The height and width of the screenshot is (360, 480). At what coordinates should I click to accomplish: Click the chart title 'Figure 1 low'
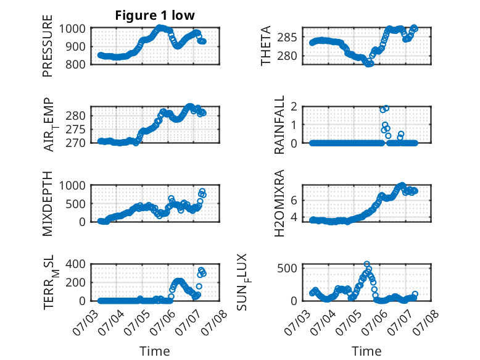click(x=155, y=15)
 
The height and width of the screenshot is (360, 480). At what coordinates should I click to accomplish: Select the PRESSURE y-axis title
click(x=48, y=46)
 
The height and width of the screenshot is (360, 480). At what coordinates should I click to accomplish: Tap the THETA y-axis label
click(x=266, y=46)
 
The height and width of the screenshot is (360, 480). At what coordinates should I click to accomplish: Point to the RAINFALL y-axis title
click(x=279, y=125)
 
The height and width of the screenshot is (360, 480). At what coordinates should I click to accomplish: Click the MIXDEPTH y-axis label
click(x=48, y=203)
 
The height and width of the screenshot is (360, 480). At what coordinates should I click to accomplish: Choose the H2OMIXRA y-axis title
click(x=279, y=203)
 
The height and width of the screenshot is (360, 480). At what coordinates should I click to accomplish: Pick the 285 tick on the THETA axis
click(x=287, y=38)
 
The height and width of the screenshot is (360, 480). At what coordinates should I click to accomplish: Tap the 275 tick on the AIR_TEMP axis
click(x=75, y=130)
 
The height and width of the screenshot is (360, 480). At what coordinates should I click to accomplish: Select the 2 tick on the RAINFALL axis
click(x=294, y=107)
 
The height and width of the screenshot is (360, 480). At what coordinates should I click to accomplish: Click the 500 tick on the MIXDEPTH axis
click(x=75, y=204)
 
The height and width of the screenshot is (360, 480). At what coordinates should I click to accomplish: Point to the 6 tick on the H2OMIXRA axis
click(x=294, y=201)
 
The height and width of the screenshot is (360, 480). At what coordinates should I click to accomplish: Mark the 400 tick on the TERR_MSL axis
click(x=75, y=264)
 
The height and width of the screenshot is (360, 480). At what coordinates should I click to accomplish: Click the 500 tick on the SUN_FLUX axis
click(x=287, y=269)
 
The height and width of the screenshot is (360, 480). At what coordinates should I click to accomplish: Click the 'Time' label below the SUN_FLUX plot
click(x=366, y=351)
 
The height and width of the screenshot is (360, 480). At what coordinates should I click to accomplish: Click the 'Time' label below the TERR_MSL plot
click(x=155, y=351)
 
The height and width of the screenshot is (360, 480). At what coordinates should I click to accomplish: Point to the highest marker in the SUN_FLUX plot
click(x=366, y=264)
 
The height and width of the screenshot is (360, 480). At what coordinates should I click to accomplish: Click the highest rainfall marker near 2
click(x=386, y=108)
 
